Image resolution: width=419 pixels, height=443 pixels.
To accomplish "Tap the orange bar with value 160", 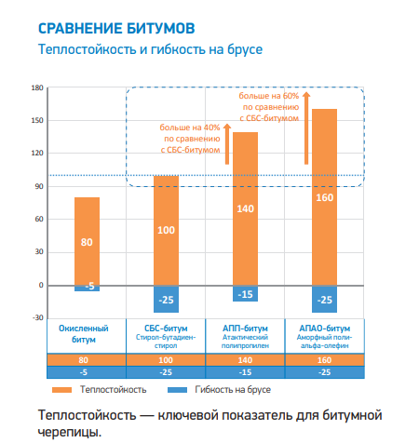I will [x=325, y=196].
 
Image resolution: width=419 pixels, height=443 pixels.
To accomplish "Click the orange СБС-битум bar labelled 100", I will [x=166, y=230].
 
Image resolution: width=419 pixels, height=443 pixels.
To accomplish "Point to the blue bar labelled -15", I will [x=246, y=294].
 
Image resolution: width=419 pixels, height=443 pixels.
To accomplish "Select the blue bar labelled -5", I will [x=87, y=288].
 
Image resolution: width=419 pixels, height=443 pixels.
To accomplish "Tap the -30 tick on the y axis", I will [x=37, y=317].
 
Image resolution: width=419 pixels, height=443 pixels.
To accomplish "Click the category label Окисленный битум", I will [x=86, y=333].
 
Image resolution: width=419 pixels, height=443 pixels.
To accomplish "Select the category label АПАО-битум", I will [x=325, y=328].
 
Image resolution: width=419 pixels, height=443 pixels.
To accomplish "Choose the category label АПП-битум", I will [x=246, y=328].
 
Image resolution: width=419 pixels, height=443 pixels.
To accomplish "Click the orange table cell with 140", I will [x=246, y=359].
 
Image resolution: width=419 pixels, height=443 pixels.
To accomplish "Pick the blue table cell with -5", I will [x=86, y=370].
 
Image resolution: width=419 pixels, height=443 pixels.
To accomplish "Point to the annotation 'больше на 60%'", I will [x=269, y=96].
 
